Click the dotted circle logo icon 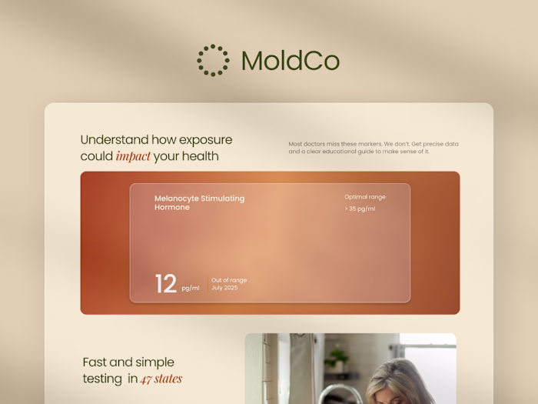[x=213, y=60]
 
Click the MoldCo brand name [x=290, y=61]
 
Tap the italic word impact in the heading [x=133, y=157]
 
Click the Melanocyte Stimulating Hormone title [x=199, y=202]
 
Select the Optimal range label [x=364, y=197]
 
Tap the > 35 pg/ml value [x=360, y=209]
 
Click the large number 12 [x=165, y=284]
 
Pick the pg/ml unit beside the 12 [x=191, y=289]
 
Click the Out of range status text [x=229, y=280]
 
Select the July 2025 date [x=225, y=288]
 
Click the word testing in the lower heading [x=102, y=379]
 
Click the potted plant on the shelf [x=336, y=359]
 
